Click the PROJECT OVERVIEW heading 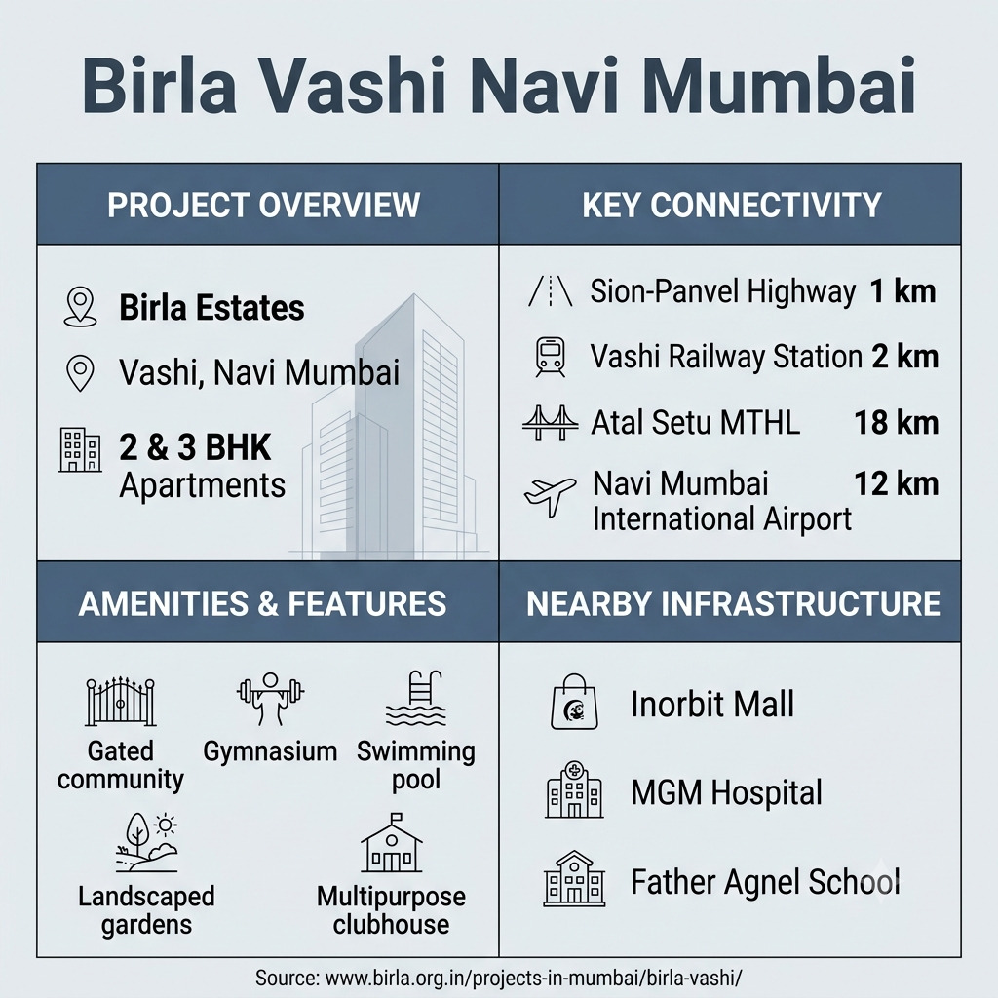point(263,205)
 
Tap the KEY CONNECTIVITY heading point(731,205)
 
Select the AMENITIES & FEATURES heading point(262,603)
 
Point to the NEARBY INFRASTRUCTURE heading point(733,603)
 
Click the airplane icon point(550,496)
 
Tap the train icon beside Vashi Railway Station point(550,357)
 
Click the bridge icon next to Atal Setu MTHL point(550,423)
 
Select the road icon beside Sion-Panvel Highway point(550,291)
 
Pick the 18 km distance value point(897,423)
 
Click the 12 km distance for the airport point(897,483)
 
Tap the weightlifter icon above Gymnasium point(270,699)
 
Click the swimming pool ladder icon point(415,698)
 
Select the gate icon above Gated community point(120,702)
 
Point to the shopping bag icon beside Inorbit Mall point(574,702)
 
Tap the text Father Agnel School point(765,882)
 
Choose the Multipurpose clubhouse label point(392,910)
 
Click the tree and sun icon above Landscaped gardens point(147,842)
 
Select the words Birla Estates point(211,307)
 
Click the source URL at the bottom point(498,978)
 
